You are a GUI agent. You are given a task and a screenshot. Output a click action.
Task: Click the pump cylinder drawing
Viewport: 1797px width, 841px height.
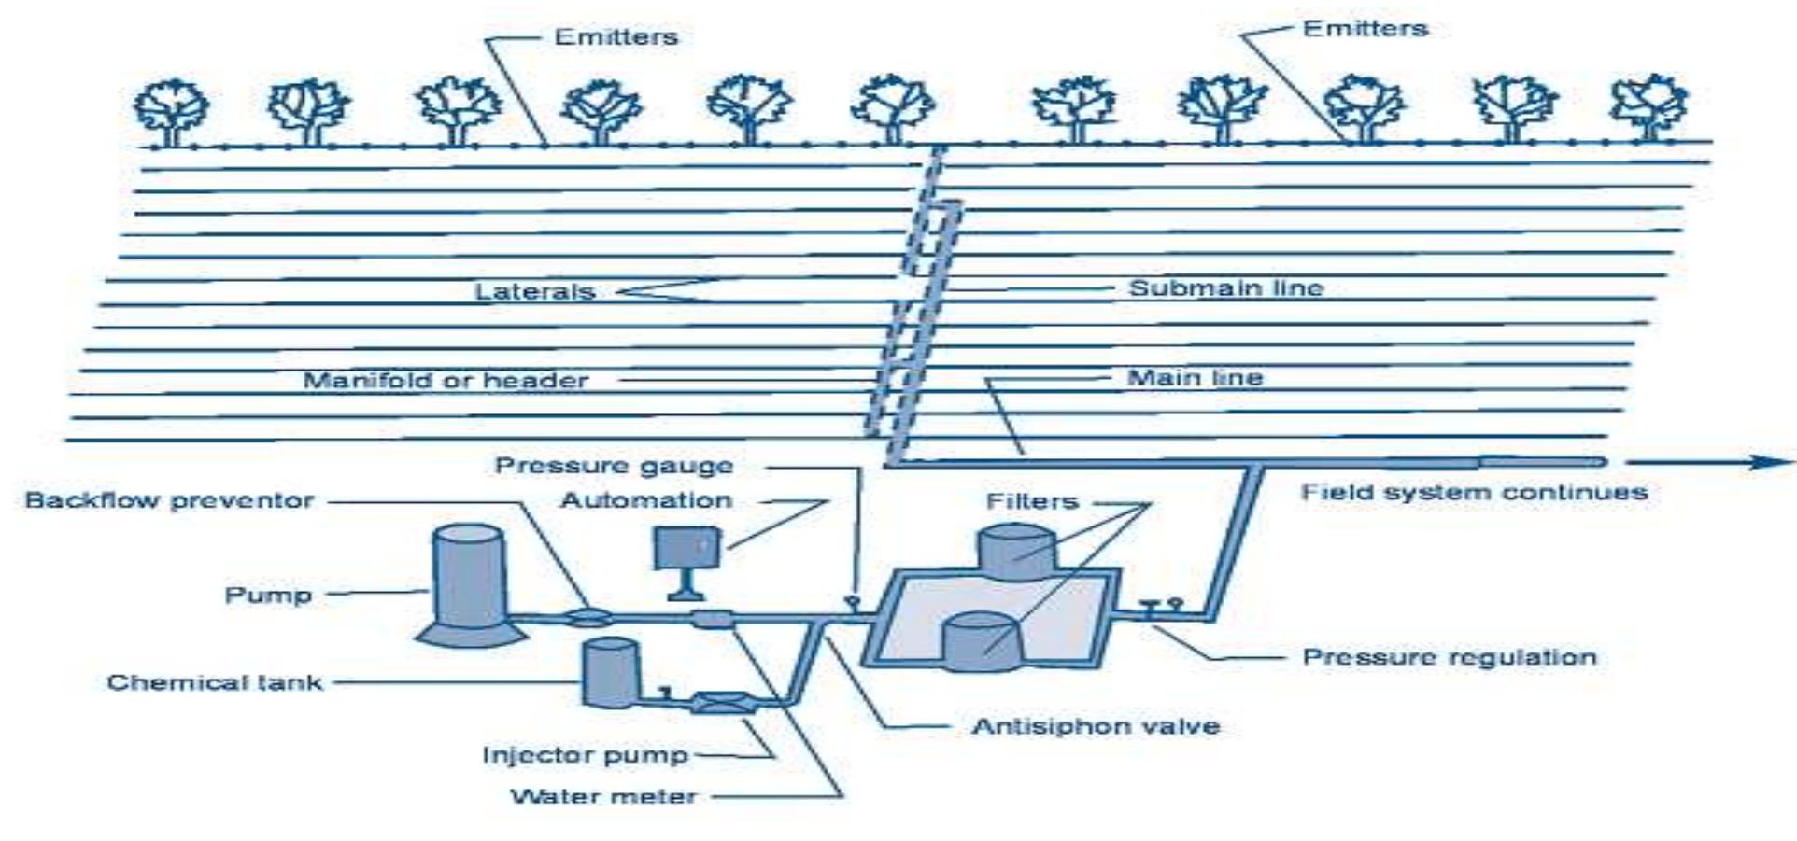click(469, 583)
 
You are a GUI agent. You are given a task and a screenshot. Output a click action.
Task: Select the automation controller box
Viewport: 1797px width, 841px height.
click(686, 548)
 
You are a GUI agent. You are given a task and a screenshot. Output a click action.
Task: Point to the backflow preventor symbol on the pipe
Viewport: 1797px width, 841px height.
click(589, 616)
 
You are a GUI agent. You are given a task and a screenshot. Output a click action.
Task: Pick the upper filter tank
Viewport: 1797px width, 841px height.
click(1015, 552)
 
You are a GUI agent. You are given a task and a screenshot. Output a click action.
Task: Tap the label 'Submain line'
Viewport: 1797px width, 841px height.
click(1225, 287)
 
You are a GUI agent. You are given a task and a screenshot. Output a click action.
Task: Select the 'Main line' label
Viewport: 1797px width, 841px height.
click(1195, 378)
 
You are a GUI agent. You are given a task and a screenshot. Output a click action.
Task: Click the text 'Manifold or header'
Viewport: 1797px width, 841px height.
click(446, 381)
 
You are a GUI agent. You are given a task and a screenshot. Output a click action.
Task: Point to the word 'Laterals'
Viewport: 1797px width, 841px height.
click(534, 291)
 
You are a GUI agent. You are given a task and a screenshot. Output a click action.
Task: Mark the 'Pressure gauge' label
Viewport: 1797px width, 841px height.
click(614, 465)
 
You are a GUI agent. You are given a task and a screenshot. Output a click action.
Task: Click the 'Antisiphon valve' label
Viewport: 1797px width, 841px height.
click(1096, 726)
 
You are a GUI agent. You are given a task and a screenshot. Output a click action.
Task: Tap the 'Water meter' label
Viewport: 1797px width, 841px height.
click(603, 796)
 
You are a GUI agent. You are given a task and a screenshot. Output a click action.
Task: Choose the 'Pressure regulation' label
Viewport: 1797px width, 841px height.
click(1449, 657)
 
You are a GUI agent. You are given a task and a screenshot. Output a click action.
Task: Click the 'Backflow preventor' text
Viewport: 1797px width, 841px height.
click(169, 500)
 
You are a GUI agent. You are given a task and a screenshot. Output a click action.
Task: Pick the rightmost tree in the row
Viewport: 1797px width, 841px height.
click(1648, 107)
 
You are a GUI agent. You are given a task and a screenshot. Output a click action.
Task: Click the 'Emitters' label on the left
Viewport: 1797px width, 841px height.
click(616, 37)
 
